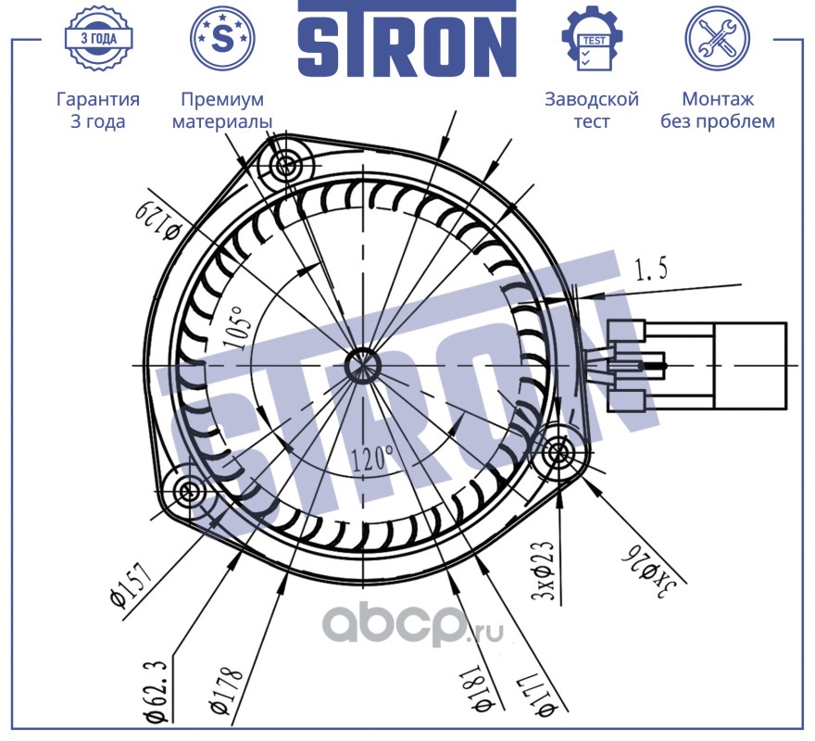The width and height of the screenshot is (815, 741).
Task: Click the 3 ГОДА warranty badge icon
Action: click(97, 38)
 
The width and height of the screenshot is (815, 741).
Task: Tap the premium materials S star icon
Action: click(221, 38)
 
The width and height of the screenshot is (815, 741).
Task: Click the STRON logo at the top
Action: click(407, 39)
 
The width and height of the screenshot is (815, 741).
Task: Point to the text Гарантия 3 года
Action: click(97, 110)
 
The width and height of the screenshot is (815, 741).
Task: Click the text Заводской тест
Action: click(592, 110)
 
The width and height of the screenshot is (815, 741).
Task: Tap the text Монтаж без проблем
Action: click(717, 110)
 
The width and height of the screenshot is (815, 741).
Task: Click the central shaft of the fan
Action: click(359, 364)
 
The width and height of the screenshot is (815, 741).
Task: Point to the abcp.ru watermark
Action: click(411, 630)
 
